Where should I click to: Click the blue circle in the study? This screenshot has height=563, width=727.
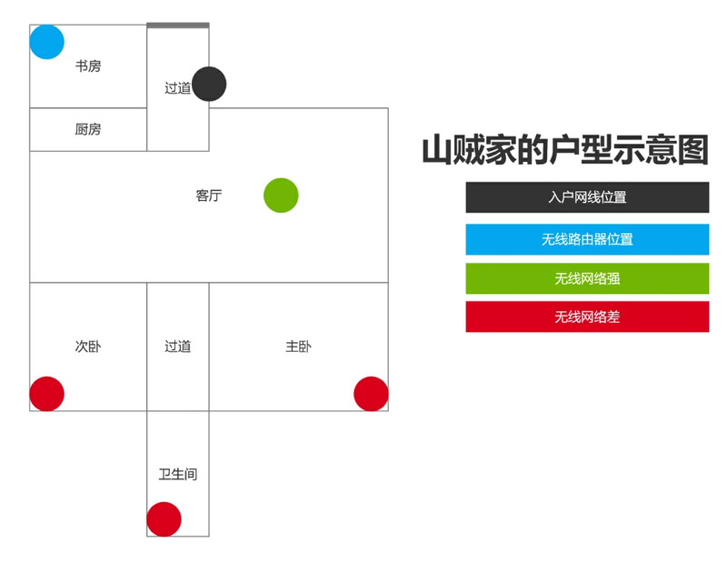pyautogui.click(x=47, y=42)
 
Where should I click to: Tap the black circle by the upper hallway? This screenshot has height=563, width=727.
pyautogui.click(x=209, y=84)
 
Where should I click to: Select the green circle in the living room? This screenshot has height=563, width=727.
pyautogui.click(x=281, y=196)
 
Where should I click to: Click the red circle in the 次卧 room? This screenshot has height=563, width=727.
pyautogui.click(x=47, y=394)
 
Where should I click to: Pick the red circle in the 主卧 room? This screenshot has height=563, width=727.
pyautogui.click(x=371, y=394)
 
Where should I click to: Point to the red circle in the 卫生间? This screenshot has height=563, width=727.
pyautogui.click(x=164, y=519)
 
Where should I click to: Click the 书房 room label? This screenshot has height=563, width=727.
pyautogui.click(x=88, y=65)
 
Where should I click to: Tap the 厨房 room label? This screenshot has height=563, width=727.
pyautogui.click(x=88, y=129)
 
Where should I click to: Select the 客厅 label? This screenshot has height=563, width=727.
pyautogui.click(x=209, y=196)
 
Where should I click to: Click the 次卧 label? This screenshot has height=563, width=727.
pyautogui.click(x=88, y=347)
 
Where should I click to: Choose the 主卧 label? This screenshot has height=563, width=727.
pyautogui.click(x=299, y=347)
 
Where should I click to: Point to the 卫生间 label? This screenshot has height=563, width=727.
pyautogui.click(x=178, y=474)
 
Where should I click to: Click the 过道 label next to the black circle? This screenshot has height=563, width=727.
pyautogui.click(x=178, y=87)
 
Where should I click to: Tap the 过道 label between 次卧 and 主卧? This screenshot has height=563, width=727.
pyautogui.click(x=178, y=347)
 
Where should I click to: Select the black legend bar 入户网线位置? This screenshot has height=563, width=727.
pyautogui.click(x=587, y=197)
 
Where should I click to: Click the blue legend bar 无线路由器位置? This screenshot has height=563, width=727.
pyautogui.click(x=587, y=239)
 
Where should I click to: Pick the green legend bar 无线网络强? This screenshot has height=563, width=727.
pyautogui.click(x=587, y=278)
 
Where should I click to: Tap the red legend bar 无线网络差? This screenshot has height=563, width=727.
pyautogui.click(x=587, y=317)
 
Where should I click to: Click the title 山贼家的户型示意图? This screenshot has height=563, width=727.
pyautogui.click(x=565, y=149)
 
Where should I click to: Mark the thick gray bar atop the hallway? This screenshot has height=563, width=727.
pyautogui.click(x=178, y=25)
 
